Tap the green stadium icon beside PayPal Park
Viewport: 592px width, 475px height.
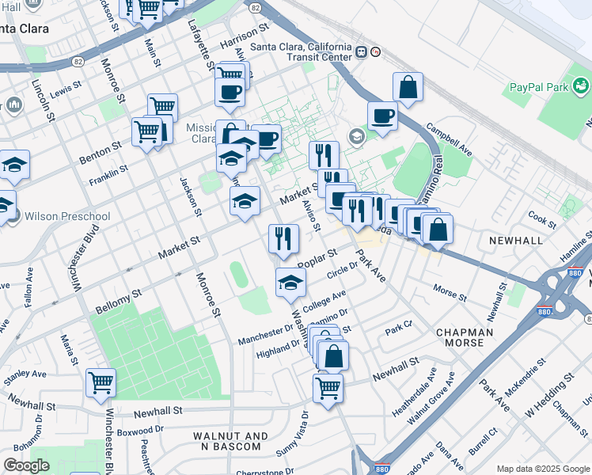[x=583, y=83]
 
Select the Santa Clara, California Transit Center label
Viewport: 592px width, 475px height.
[x=301, y=51]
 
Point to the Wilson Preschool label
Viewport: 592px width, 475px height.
[x=67, y=216]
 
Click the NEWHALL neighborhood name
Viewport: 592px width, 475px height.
[x=516, y=241]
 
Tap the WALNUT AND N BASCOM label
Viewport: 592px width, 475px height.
[x=227, y=441]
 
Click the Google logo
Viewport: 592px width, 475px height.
[x=26, y=465]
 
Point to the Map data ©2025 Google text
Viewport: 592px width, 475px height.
[x=542, y=469]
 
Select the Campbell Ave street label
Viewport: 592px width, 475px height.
[x=449, y=139]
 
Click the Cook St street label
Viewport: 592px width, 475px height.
[x=542, y=216]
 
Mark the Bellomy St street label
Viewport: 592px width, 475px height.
[x=118, y=298]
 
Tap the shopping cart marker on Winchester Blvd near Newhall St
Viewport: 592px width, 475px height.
[x=101, y=382]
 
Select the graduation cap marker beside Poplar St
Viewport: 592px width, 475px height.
[x=290, y=283]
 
